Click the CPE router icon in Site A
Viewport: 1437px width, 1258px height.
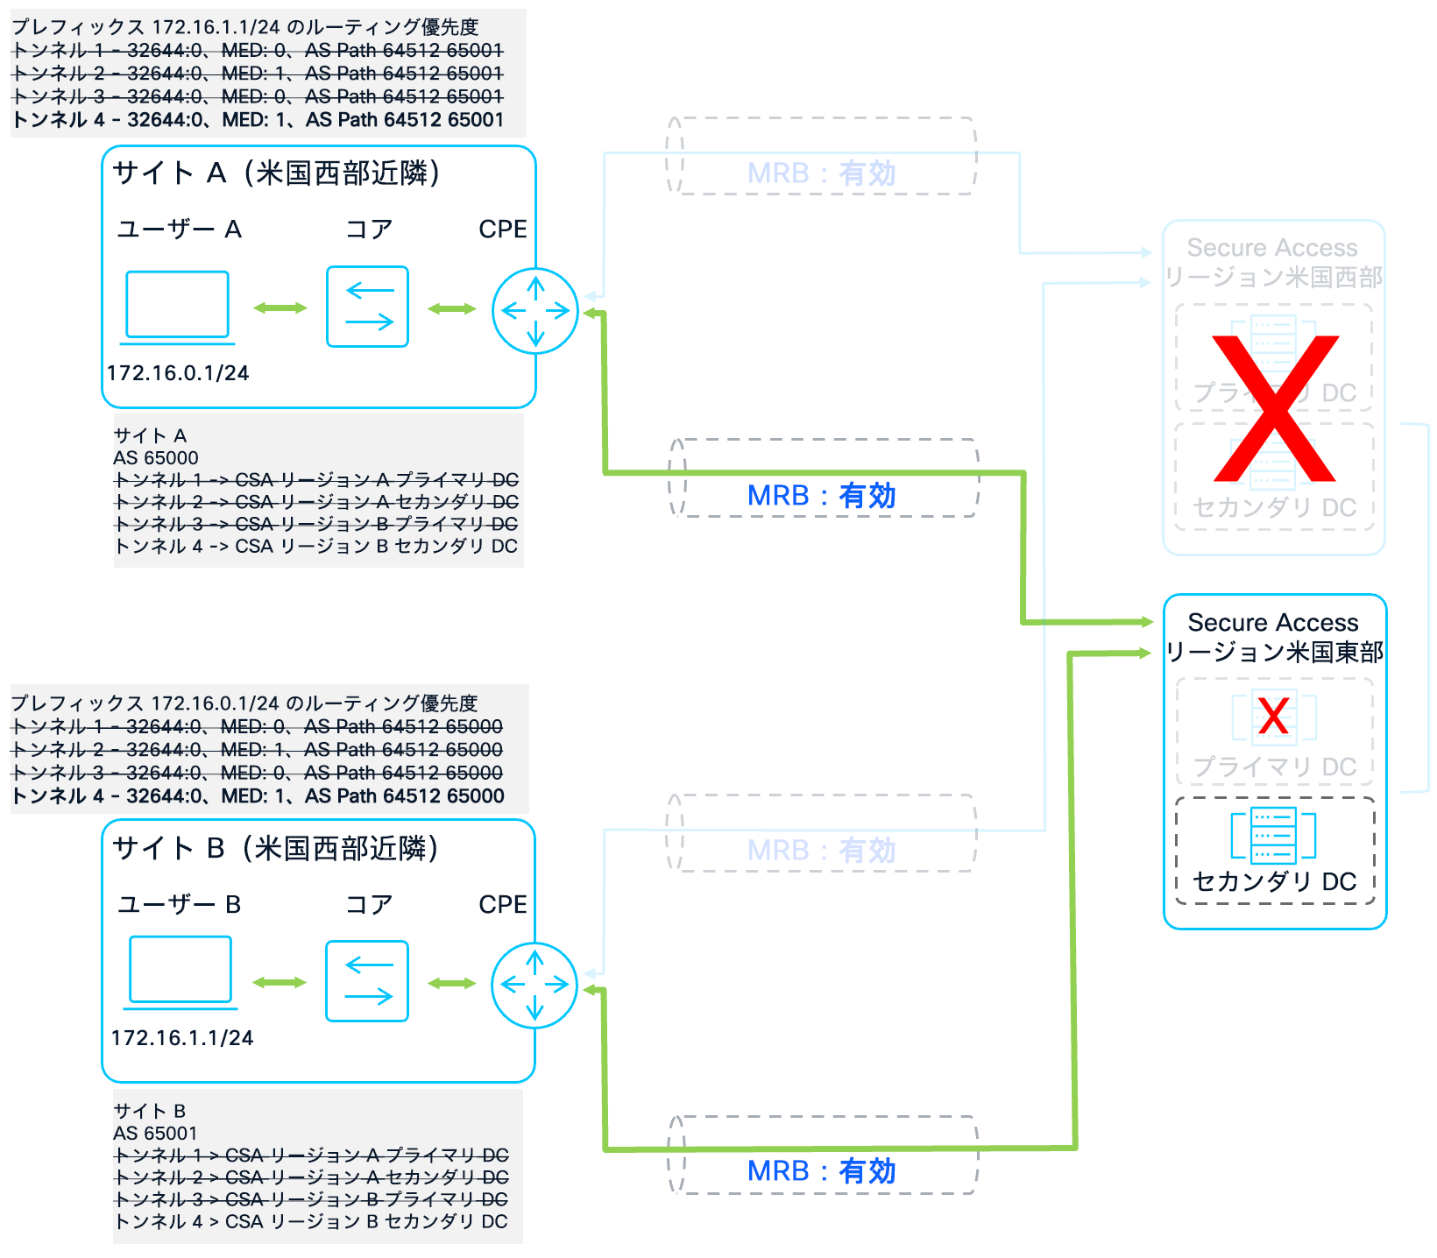click(535, 311)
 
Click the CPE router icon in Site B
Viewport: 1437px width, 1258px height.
click(534, 985)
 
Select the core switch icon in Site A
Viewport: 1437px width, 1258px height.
click(367, 307)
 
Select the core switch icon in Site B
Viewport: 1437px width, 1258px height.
click(367, 981)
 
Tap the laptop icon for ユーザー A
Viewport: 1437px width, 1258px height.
click(177, 306)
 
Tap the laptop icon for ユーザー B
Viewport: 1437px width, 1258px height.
click(181, 970)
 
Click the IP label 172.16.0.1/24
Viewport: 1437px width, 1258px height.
click(178, 373)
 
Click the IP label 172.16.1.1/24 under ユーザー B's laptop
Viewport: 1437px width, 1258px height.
click(182, 1038)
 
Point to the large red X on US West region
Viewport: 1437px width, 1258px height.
click(1275, 408)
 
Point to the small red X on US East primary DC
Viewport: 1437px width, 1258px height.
click(1273, 716)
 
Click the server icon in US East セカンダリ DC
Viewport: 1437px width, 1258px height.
click(1273, 835)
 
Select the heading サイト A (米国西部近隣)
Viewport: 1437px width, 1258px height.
click(276, 173)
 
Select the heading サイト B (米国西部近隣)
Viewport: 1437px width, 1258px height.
click(276, 848)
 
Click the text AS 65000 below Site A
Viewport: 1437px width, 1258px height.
click(156, 458)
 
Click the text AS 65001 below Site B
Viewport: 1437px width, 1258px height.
click(156, 1134)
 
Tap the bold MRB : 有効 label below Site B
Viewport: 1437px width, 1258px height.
click(821, 1170)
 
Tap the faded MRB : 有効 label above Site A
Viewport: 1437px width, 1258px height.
click(821, 173)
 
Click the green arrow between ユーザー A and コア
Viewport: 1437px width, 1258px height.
click(280, 307)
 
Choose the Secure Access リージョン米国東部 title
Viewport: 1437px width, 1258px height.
click(1274, 637)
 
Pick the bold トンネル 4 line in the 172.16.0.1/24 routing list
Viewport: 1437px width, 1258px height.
click(258, 795)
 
